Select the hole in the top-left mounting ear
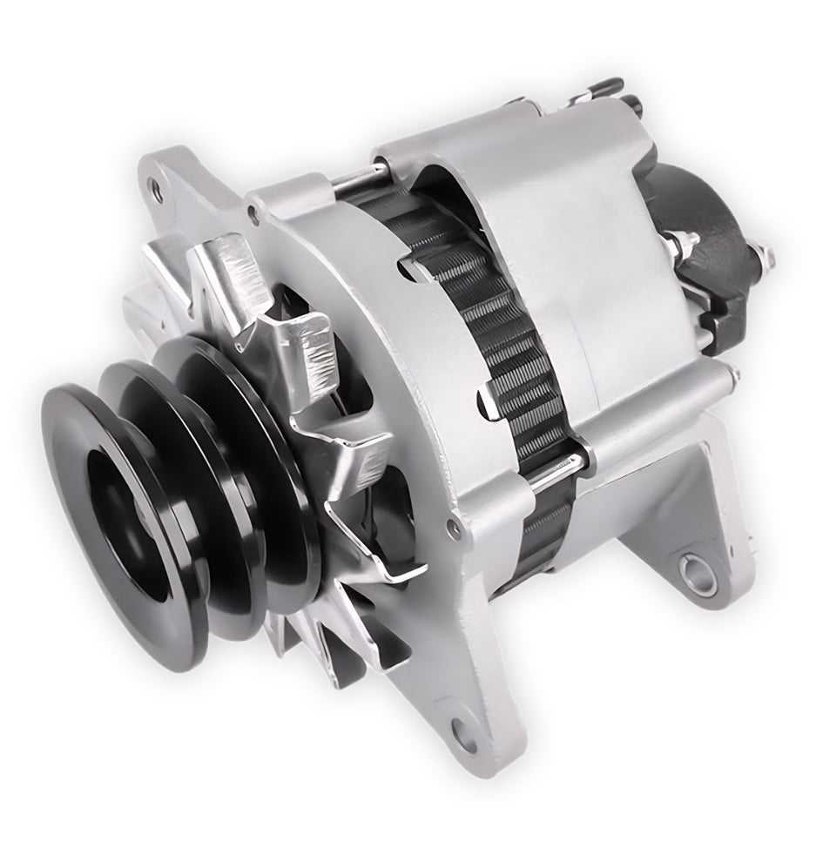[157, 185]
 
